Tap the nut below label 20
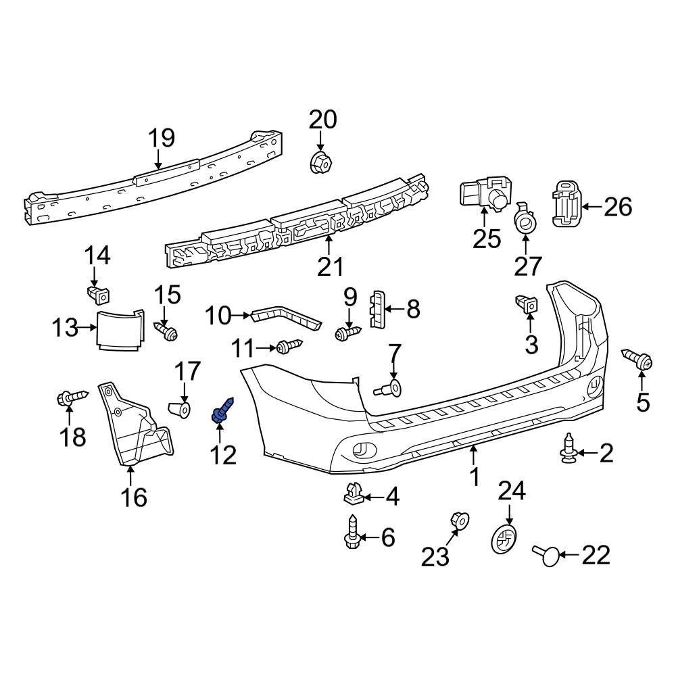pyautogui.click(x=320, y=163)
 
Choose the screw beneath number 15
pyautogui.click(x=166, y=332)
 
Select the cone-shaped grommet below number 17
pyautogui.click(x=179, y=409)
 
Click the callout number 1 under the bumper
pyautogui.click(x=475, y=476)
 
